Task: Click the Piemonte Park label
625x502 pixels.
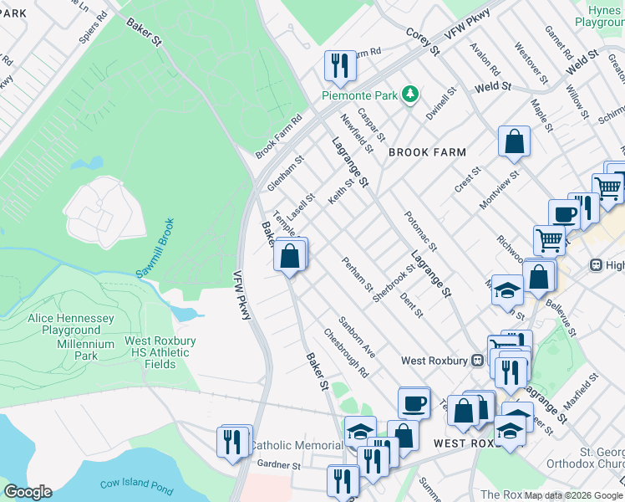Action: pos(359,95)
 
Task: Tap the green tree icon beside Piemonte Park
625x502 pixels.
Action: pos(409,94)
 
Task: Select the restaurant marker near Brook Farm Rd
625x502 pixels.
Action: pos(340,66)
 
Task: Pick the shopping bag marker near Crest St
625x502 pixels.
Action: pos(514,141)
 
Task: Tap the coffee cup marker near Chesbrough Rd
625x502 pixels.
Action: pos(414,402)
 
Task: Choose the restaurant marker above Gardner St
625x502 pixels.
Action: pos(233,441)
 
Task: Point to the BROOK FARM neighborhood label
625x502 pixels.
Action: pos(427,152)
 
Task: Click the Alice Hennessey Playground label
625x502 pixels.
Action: pos(70,325)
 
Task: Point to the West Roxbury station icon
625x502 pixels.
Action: pos(478,361)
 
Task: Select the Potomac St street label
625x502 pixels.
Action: pos(419,230)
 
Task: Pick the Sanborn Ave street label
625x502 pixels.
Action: pos(356,337)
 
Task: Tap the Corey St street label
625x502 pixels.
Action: pos(423,42)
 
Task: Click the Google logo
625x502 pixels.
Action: pos(28,492)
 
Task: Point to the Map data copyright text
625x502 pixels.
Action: pos(573,495)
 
